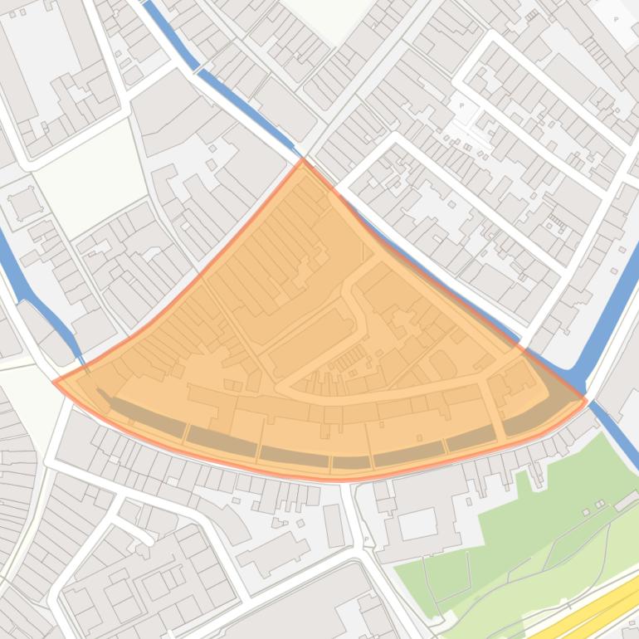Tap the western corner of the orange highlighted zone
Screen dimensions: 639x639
56,382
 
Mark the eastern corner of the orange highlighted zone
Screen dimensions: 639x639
586,401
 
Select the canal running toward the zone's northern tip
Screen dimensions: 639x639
241,100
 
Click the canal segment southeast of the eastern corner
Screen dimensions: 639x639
618,432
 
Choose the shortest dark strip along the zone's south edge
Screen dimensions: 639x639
351,462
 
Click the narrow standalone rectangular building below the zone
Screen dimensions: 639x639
334,525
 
